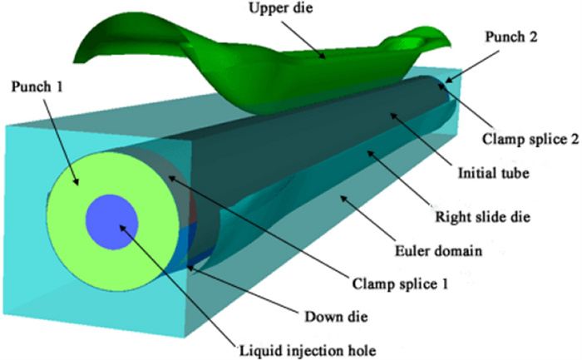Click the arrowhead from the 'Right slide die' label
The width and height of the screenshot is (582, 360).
point(366,154)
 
